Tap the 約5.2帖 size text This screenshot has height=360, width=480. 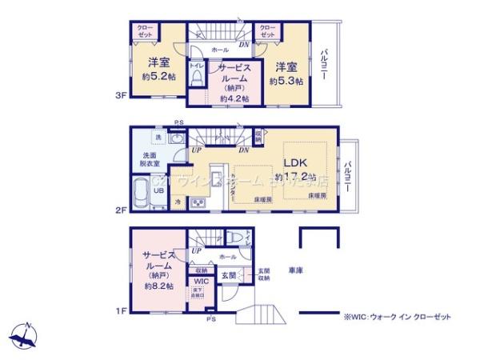pos(157,77)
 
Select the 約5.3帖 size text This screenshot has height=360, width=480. pos(286,82)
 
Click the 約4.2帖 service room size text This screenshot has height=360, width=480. pos(234,98)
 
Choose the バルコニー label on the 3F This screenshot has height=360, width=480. pos(324,67)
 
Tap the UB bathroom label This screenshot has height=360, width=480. pos(158,190)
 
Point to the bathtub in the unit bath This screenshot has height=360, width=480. pos(142,194)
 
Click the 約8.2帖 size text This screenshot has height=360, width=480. pos(157,284)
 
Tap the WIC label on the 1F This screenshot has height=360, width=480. pos(199,282)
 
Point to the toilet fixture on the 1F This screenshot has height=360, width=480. pos(233,238)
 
